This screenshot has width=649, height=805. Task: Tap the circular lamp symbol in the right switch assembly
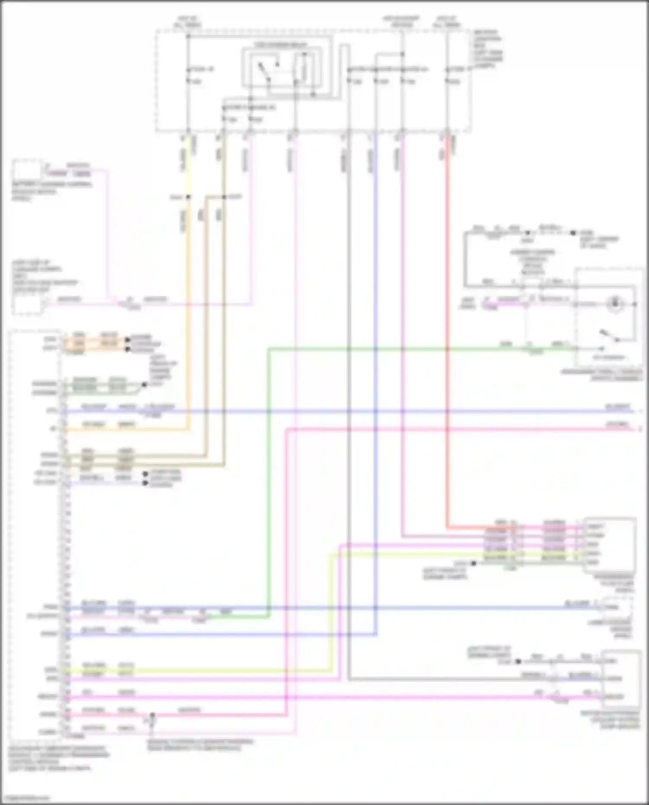[x=615, y=304]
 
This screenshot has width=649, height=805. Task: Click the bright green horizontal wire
[x=389, y=348]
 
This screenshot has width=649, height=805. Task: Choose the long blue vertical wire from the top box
[x=376, y=389]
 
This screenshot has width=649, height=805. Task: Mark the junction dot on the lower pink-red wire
[x=152, y=715]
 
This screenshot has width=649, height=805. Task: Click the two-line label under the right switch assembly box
[x=602, y=375]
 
